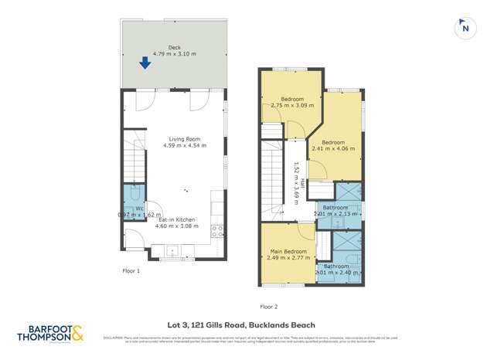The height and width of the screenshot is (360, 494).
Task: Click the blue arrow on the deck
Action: pos(145,63)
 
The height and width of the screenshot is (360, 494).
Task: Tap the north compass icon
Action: pos(464,28)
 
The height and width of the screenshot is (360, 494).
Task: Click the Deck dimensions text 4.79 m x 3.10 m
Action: pos(174,54)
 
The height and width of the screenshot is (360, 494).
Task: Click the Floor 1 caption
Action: pos(131,271)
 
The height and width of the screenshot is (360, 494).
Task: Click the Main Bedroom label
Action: pos(288,252)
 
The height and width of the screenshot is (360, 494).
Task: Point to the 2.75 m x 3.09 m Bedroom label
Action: pos(292,99)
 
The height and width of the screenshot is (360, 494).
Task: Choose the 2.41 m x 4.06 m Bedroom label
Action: pos(333,143)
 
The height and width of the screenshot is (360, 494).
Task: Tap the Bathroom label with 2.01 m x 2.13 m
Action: pos(336,208)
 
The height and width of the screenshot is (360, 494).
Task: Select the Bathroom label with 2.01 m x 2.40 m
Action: pos(336,267)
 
